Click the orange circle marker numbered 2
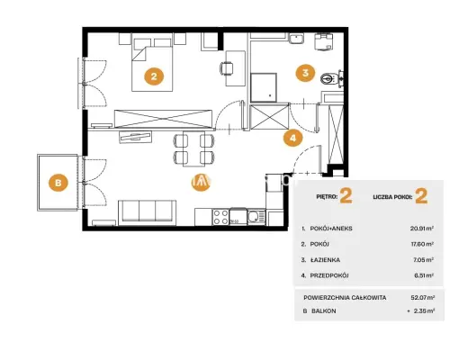click(x=154, y=76)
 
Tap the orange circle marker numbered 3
click(x=305, y=73)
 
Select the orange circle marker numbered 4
click(x=293, y=138)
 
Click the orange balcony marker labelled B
click(x=58, y=183)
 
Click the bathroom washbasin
click(x=297, y=39)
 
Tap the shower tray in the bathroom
click(x=264, y=87)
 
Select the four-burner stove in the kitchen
click(x=220, y=217)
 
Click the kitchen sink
click(x=256, y=217)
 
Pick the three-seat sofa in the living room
click(x=147, y=212)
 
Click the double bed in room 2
click(x=152, y=65)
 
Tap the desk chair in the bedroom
click(x=227, y=68)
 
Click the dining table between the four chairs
click(x=194, y=148)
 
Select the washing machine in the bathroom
click(x=324, y=42)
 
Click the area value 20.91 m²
click(x=422, y=229)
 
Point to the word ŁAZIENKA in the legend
click(x=325, y=260)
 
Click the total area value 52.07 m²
click(x=423, y=298)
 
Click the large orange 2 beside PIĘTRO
click(x=346, y=196)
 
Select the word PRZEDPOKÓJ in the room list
click(x=329, y=275)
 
